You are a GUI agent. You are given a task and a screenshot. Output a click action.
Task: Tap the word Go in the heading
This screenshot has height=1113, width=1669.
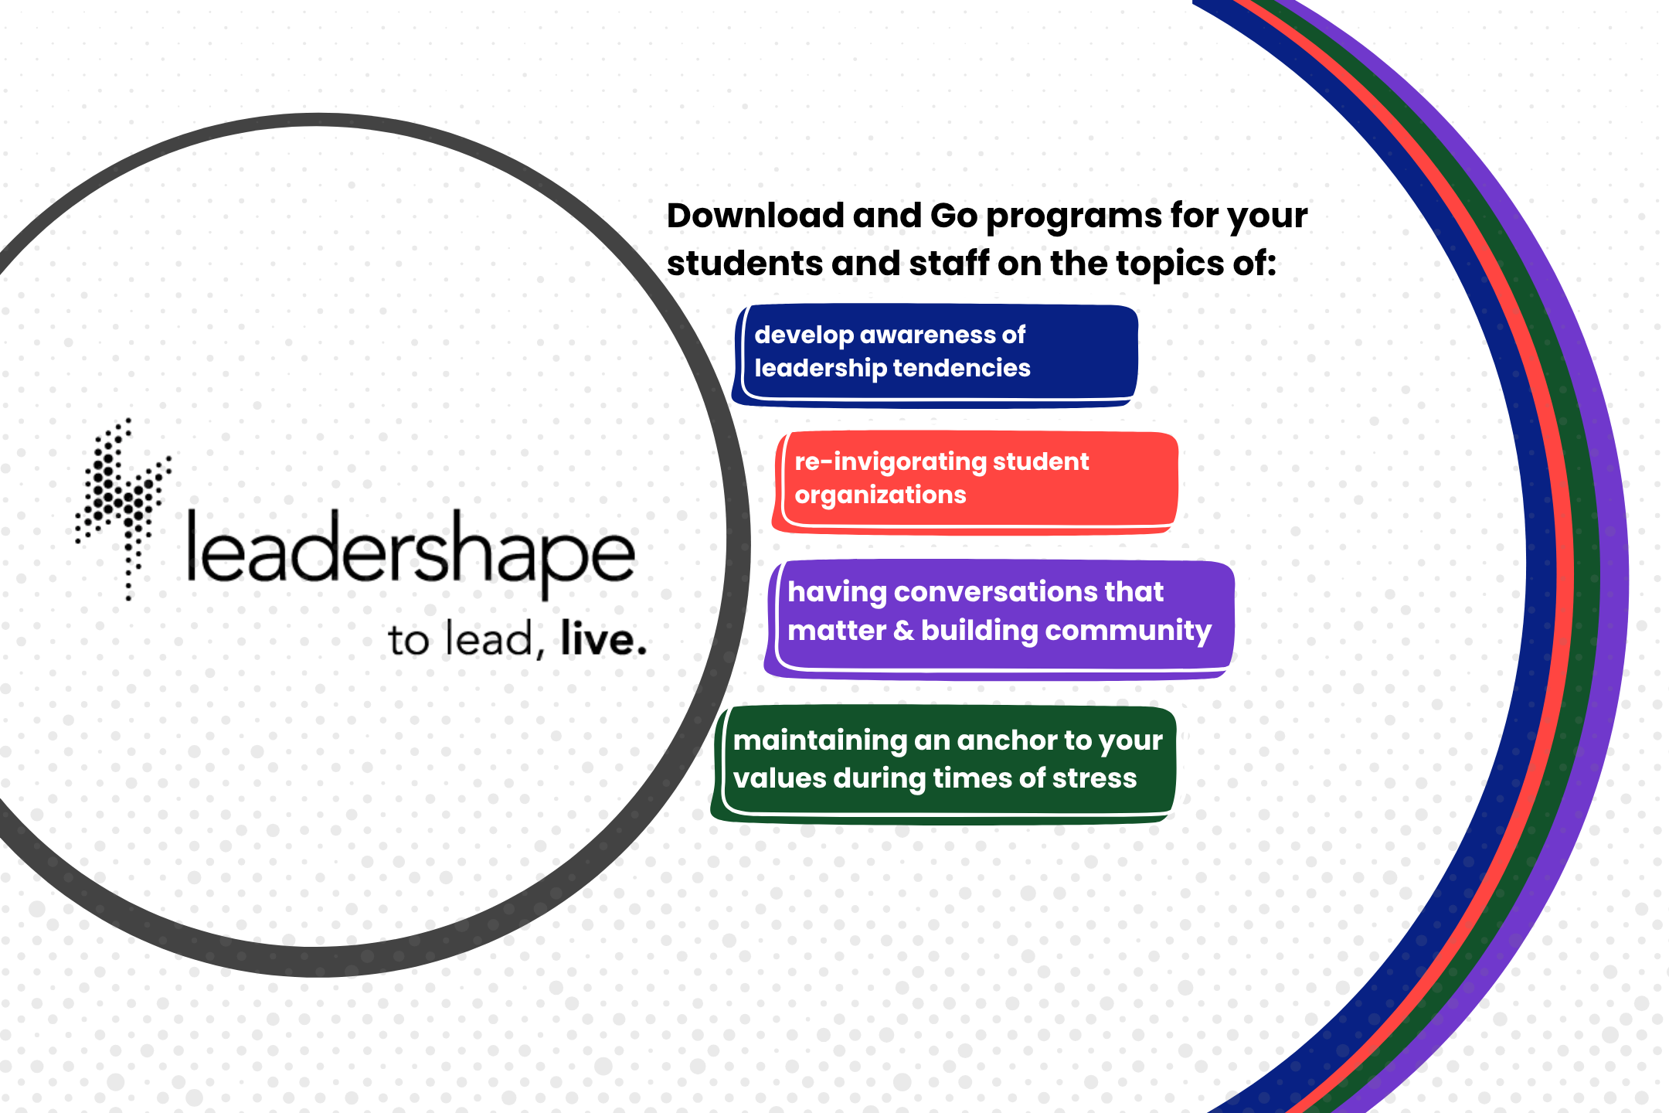pyautogui.click(x=954, y=216)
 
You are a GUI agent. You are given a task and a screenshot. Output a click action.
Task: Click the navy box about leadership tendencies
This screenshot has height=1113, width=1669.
pyautogui.click(x=935, y=355)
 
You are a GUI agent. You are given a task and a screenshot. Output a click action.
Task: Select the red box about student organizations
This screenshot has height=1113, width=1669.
pyautogui.click(x=975, y=482)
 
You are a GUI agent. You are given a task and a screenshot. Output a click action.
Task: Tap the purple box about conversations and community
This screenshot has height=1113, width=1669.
pyautogui.click(x=999, y=619)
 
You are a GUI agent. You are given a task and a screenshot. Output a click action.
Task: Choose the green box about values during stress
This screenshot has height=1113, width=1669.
pyautogui.click(x=943, y=764)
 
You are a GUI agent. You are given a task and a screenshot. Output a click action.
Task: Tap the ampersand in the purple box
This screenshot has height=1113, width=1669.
pyautogui.click(x=903, y=631)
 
